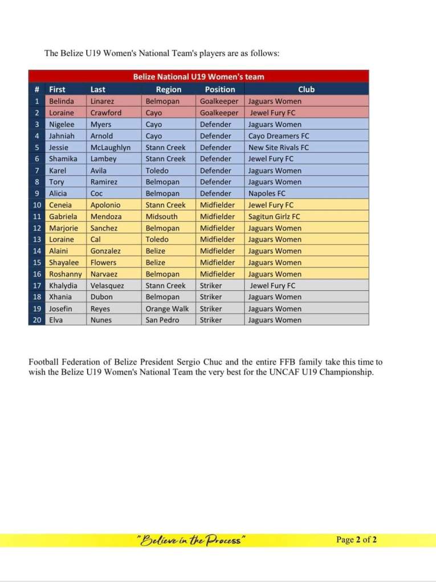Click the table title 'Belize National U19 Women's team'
click(x=198, y=76)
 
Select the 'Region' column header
click(x=169, y=89)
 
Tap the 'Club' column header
click(x=306, y=89)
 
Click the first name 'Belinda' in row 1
click(x=62, y=101)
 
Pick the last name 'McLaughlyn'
click(x=111, y=147)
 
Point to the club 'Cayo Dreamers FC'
click(x=279, y=136)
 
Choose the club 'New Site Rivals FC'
click(x=279, y=147)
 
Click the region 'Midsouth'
click(x=161, y=217)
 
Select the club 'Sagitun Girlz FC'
click(x=274, y=217)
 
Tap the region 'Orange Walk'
click(x=167, y=309)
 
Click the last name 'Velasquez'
click(x=107, y=286)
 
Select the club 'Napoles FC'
click(x=267, y=193)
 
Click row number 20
click(x=36, y=320)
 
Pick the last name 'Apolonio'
click(x=105, y=205)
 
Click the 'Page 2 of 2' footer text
click(x=356, y=540)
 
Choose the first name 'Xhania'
click(x=61, y=297)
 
